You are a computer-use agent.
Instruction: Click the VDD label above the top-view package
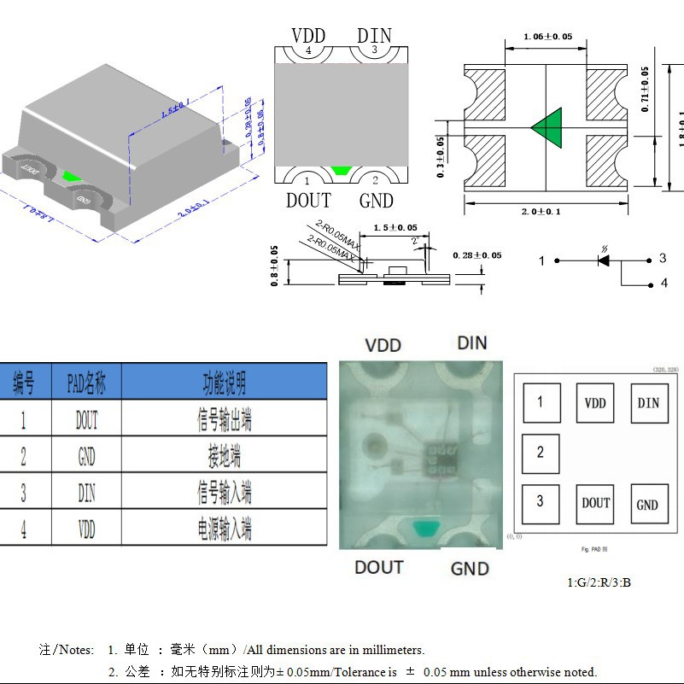pos(308,35)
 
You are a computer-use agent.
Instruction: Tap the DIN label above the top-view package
pos(374,35)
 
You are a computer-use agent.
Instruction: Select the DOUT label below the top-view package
pos(308,200)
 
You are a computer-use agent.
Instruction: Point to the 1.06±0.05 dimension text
pos(547,37)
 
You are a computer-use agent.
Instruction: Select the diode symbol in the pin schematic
pos(603,260)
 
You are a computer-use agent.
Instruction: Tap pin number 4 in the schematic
pos(664,284)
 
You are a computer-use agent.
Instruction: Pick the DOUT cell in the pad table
pos(86,419)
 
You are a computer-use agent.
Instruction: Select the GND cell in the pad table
pos(86,456)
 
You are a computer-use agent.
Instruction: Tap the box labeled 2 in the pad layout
pos(541,453)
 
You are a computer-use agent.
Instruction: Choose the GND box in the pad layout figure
pos(647,505)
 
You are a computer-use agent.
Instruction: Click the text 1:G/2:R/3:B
pos(599,582)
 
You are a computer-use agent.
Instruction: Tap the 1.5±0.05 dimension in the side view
pos(389,228)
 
